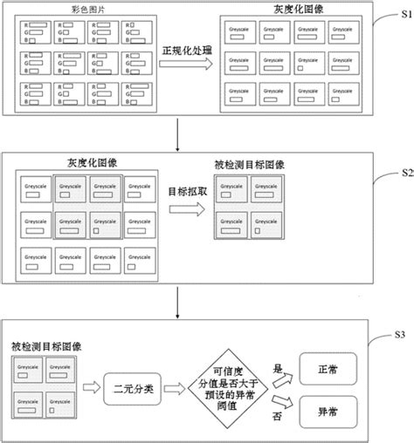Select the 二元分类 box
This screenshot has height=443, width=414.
click(129, 387)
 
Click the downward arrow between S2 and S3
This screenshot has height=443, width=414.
click(179, 302)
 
